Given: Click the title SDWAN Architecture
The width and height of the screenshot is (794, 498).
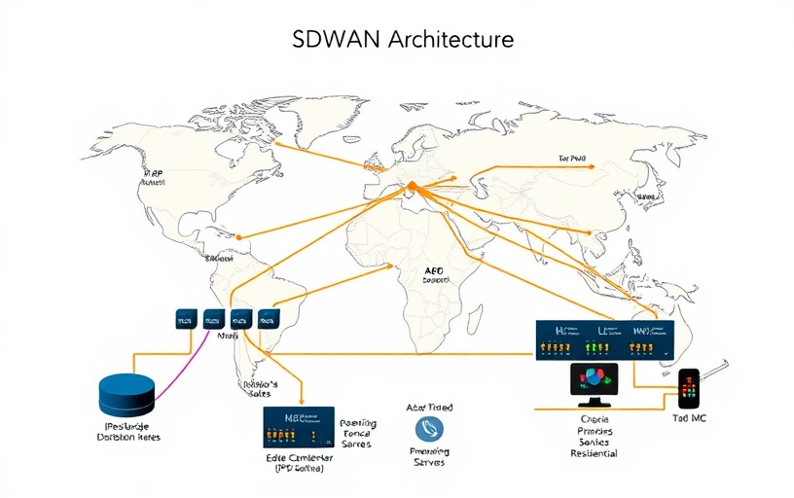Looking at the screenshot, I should pos(403,40).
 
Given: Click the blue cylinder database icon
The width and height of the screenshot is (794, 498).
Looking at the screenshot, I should pos(126,394).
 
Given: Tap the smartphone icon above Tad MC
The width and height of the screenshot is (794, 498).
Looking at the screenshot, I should pos(689,388).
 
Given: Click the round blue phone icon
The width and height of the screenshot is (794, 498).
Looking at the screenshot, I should pos(429,430).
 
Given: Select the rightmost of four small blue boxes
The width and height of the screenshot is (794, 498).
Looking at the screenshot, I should pos(269,317).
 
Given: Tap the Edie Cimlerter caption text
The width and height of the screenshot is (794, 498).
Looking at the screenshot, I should pos(299,457).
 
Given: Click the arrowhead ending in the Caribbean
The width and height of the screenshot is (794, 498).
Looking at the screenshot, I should pos(239,235).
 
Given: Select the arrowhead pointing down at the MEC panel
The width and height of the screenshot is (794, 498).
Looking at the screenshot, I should pos(305,401).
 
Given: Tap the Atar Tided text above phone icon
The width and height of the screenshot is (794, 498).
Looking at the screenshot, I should pos(429,408).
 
